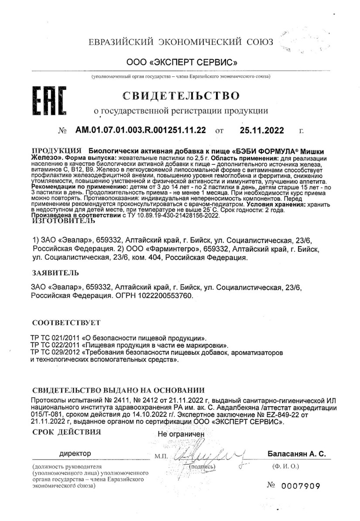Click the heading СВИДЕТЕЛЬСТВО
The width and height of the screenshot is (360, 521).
pyautogui.click(x=182, y=95)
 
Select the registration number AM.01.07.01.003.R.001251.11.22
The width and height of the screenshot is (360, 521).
pyautogui.click(x=141, y=130)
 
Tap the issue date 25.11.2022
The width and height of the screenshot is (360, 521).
pyautogui.click(x=262, y=130)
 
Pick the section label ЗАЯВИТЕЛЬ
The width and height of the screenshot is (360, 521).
pyautogui.click(x=55, y=274)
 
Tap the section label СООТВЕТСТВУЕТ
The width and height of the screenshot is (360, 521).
pyautogui.click(x=66, y=323)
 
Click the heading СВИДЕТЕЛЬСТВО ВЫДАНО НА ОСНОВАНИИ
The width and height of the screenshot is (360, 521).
pyautogui.click(x=118, y=390)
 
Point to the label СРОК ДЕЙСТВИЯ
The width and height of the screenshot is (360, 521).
pyautogui.click(x=67, y=432)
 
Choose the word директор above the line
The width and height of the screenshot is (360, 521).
pyautogui.click(x=75, y=454)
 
